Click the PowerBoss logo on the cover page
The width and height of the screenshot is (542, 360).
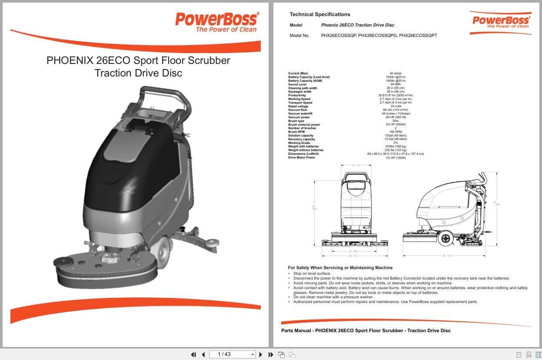pyautogui.click(x=216, y=22)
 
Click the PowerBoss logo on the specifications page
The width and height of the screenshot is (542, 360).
pyautogui.click(x=501, y=22)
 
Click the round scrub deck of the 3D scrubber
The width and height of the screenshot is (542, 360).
pyautogui.click(x=105, y=270)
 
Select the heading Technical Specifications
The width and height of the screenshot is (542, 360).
pyautogui.click(x=319, y=14)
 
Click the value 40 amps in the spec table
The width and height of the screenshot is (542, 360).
pyautogui.click(x=396, y=73)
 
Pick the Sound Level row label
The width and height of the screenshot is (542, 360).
pyautogui.click(x=297, y=84)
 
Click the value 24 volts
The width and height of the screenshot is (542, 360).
pyautogui.click(x=396, y=107)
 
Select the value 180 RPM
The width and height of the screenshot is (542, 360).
pyautogui.click(x=396, y=132)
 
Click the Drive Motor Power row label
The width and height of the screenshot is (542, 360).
pyautogui.click(x=302, y=157)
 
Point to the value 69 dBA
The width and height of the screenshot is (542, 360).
pyautogui.click(x=396, y=84)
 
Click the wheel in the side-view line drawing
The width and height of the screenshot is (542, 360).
pyautogui.click(x=446, y=238)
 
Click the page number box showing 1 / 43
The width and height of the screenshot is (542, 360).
pyautogui.click(x=232, y=354)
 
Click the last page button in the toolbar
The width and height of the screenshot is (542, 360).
pyautogui.click(x=270, y=354)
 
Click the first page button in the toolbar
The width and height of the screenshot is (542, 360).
pyautogui.click(x=193, y=354)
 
